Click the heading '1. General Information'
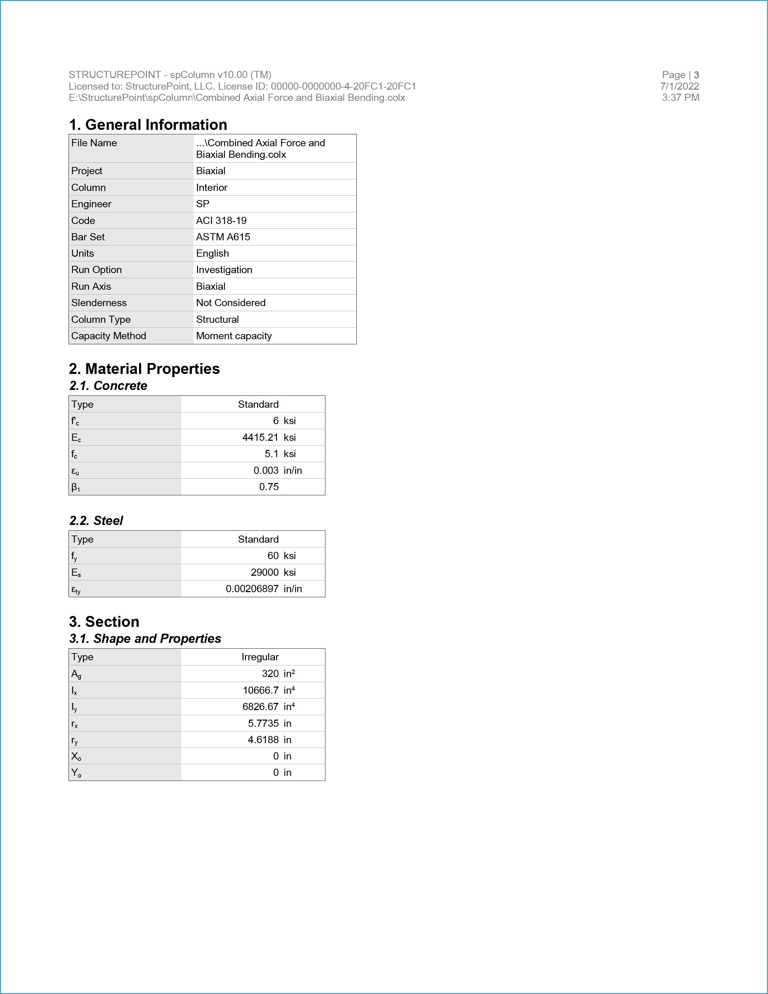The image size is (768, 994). pos(148,125)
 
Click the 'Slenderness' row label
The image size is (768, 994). pos(99,303)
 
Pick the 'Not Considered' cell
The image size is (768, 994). pos(231,303)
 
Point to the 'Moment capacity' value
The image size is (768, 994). pos(234,336)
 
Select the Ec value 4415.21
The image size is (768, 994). pos(260,437)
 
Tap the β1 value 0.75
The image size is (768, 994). pos(269,487)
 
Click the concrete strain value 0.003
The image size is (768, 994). pos(266,471)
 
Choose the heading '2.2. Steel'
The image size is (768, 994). pos(96,521)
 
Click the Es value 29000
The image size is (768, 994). pos(264,573)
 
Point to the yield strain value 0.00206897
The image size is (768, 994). pos(252,589)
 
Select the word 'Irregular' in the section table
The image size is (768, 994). pos(260,657)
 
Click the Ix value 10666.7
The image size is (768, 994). pos(261,690)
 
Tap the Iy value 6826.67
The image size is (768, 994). pos(260,707)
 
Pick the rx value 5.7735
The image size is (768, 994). pos(263,724)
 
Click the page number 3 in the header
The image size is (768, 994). pos(696,75)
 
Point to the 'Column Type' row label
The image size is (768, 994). pos(101,319)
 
